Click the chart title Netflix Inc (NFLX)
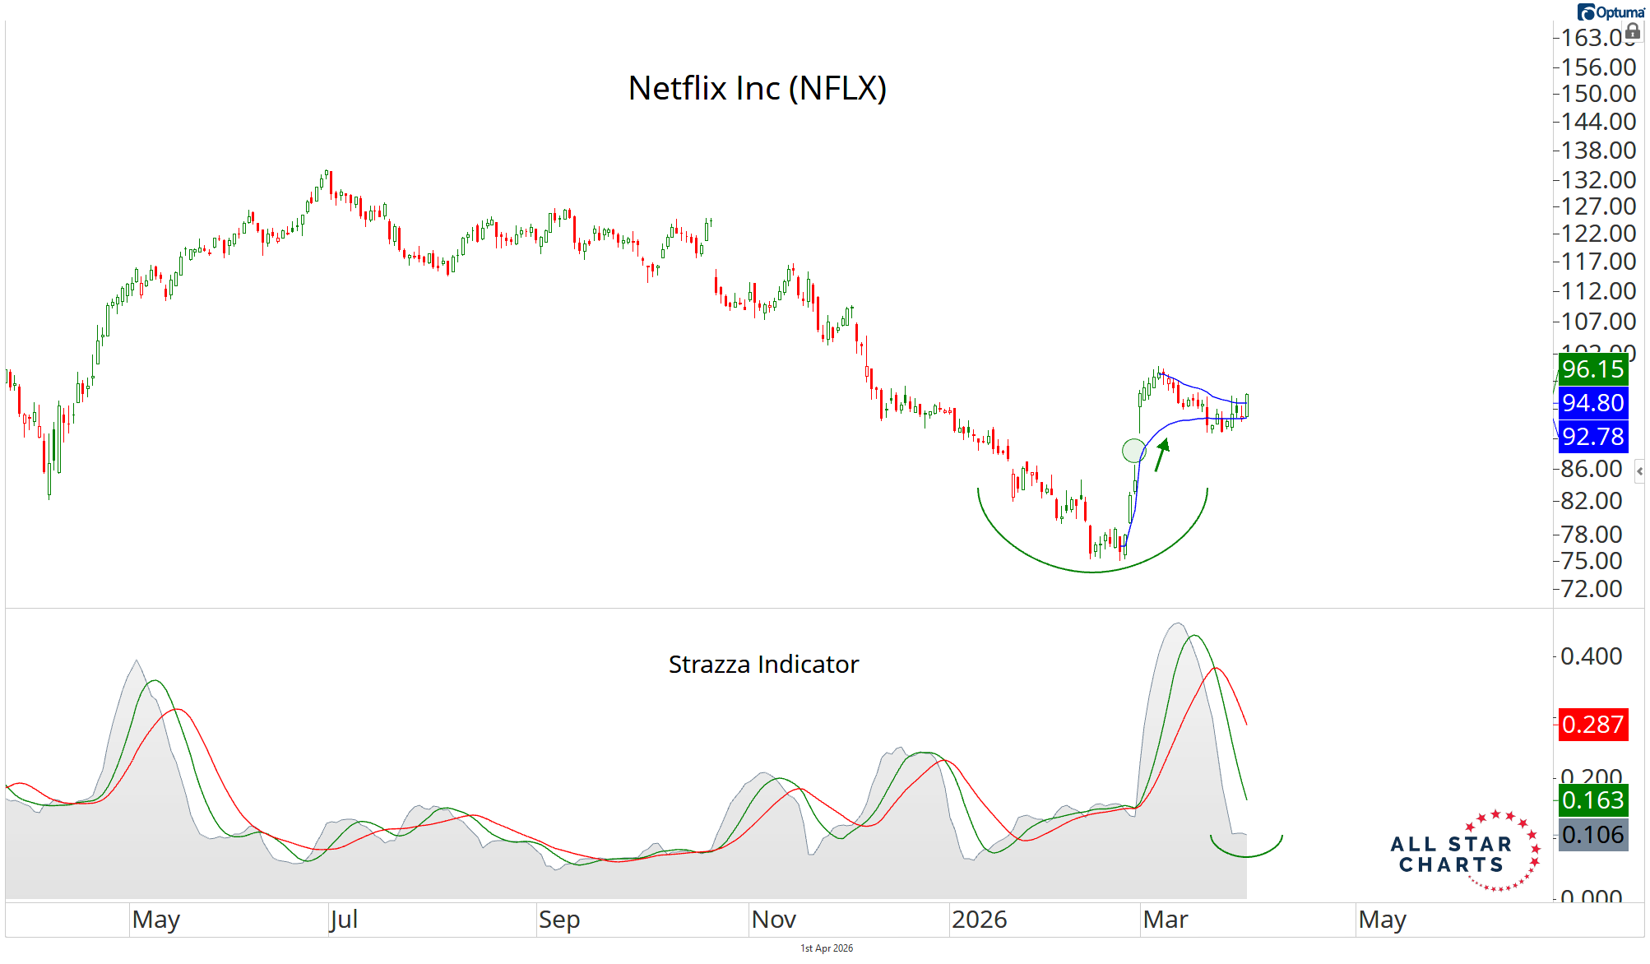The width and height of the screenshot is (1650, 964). click(x=757, y=89)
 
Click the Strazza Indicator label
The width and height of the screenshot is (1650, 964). click(x=763, y=664)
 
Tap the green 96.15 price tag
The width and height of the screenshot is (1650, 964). click(x=1592, y=369)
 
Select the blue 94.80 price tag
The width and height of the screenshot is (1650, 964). click(x=1592, y=403)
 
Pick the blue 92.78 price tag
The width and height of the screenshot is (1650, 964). click(x=1592, y=437)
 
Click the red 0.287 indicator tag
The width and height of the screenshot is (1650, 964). click(x=1592, y=725)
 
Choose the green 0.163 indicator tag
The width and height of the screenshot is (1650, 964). click(x=1592, y=800)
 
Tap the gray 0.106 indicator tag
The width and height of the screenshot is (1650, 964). click(x=1592, y=835)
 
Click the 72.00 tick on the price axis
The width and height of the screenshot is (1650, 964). click(x=1592, y=589)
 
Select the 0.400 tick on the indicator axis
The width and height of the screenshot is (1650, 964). click(x=1592, y=656)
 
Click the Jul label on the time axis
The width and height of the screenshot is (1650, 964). click(x=344, y=920)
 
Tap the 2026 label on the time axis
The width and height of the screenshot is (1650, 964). click(x=979, y=920)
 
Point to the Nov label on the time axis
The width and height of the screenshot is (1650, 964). click(x=773, y=920)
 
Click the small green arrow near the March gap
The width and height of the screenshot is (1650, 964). click(x=1161, y=454)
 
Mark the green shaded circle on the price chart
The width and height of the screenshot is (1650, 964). click(x=1133, y=450)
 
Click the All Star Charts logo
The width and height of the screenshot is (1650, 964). click(x=1465, y=853)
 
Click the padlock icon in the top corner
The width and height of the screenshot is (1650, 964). click(x=1633, y=31)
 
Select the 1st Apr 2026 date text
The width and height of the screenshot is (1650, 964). click(x=827, y=948)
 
